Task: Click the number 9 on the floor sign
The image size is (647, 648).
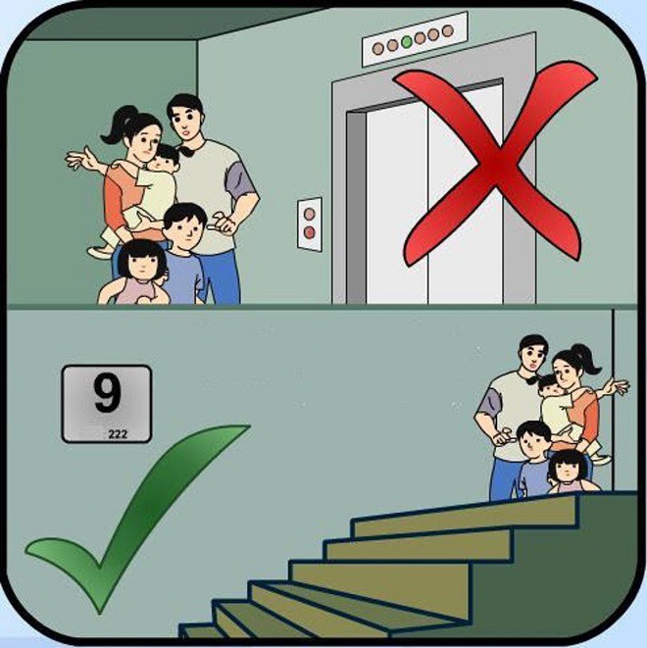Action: click(107, 394)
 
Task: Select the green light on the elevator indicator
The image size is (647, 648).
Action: click(406, 43)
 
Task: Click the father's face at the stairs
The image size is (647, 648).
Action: click(532, 359)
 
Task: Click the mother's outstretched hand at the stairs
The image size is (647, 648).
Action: click(617, 387)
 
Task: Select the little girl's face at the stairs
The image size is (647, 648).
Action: click(566, 469)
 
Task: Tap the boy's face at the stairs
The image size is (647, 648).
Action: click(534, 442)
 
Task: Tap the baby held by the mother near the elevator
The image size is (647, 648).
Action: click(163, 172)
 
